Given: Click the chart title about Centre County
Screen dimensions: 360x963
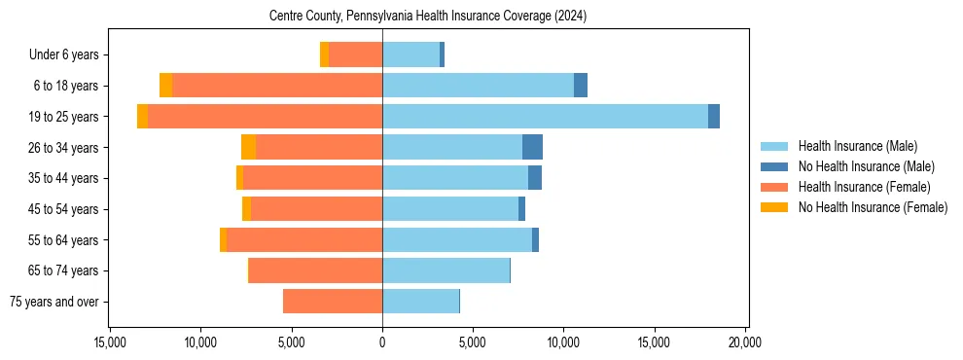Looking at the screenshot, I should (427, 17).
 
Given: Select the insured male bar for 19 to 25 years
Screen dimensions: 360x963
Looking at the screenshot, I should (545, 116).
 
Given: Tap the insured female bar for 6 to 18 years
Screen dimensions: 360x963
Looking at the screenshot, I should (277, 86).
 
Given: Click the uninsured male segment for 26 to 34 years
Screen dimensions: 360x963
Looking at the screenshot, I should (532, 147).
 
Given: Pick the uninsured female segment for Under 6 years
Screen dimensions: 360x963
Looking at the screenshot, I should (324, 54).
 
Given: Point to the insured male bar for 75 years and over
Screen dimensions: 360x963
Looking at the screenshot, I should (420, 302).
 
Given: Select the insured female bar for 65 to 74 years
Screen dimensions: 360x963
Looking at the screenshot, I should (315, 270).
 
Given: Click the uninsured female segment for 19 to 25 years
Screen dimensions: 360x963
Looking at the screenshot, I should (142, 116).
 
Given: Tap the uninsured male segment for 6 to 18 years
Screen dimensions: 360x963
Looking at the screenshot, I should (581, 86).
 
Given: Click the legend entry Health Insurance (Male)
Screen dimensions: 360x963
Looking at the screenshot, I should (857, 146).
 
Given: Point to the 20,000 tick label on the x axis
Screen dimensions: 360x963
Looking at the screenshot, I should (745, 342).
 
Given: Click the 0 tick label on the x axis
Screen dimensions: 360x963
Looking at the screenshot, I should (382, 342).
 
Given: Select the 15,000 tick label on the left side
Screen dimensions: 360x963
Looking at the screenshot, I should (110, 342).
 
